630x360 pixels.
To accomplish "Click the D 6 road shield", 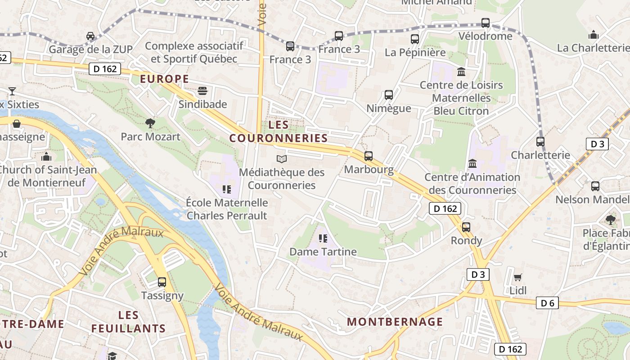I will point(547,303).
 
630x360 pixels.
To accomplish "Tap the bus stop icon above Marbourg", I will point(369,156).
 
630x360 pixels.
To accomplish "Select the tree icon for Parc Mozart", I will point(150,123).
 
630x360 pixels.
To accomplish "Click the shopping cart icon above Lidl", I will point(518,277).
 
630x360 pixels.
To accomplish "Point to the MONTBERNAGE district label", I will point(395,322).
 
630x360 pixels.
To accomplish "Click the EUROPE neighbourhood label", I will point(164,79).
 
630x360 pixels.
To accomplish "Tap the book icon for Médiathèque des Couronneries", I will point(281,159).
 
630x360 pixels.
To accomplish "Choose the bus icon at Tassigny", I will point(162,282).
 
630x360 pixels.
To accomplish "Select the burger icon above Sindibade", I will point(202,91).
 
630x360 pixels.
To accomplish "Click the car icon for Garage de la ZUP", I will point(90,36).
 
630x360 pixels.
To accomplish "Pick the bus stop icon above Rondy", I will point(466,227).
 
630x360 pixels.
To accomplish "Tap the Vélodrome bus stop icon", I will point(485,23).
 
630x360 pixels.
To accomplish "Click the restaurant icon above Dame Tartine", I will point(323,238).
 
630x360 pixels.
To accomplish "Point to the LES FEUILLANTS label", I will point(129,322).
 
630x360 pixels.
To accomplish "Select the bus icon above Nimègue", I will point(389,95).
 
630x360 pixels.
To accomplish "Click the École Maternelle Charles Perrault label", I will point(227,209).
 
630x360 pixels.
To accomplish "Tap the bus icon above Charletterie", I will point(540,142).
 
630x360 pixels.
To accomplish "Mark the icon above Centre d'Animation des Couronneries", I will point(472,164).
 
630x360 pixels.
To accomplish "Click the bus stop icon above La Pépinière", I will point(415,39).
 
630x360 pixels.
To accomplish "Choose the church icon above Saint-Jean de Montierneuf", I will point(46,157).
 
